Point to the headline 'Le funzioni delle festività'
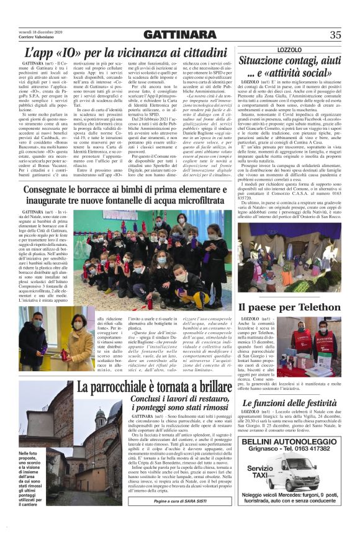pos(291,404)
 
